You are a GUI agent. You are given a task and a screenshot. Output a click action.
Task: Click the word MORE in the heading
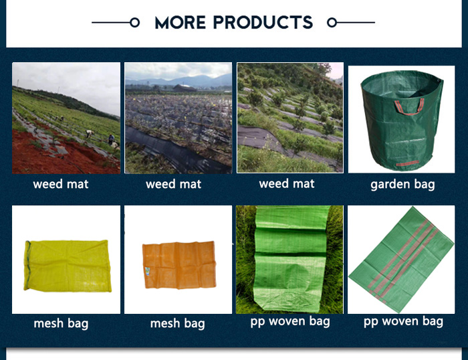pos(181,22)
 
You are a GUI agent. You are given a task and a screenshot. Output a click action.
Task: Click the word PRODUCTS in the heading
pos(263,22)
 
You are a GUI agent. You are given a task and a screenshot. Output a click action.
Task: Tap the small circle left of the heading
pos(135,22)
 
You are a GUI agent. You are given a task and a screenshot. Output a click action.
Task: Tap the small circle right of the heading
pos(332,22)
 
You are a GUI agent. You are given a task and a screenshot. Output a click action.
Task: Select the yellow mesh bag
pos(68,266)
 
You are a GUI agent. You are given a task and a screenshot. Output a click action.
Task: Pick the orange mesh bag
pos(179,265)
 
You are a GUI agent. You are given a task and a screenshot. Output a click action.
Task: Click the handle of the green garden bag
pos(409,106)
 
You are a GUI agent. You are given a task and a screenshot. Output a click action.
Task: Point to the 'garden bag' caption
pos(402,185)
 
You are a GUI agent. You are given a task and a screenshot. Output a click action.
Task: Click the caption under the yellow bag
pos(61,324)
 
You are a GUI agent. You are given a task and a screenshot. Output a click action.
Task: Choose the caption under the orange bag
pos(178,324)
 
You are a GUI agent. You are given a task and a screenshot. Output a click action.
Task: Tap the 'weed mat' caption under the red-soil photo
pos(61,184)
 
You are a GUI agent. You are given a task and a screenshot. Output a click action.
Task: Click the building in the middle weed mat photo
pos(185,88)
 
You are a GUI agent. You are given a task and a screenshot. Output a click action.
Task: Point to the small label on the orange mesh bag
pos(148,272)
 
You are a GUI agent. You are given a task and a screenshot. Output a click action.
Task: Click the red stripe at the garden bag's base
pos(407,163)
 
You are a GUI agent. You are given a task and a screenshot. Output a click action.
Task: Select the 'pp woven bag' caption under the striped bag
pos(403,322)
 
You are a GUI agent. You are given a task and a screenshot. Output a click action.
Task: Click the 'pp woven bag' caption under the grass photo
pos(290,322)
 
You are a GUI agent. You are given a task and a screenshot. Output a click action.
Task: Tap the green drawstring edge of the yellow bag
pos(28,265)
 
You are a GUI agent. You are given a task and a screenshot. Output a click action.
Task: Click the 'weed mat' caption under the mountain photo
pos(173,184)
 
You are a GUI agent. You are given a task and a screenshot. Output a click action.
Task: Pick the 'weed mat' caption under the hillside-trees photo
pos(287,184)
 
